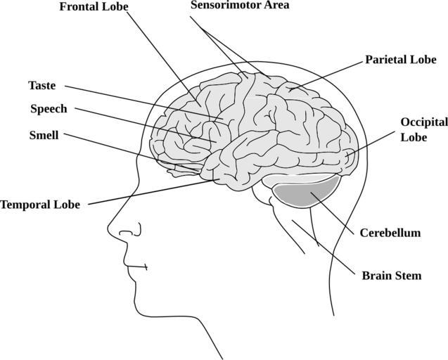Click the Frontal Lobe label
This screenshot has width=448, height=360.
[94, 7]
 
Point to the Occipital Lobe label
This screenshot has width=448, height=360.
[423, 129]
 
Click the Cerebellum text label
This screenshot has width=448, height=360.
[390, 233]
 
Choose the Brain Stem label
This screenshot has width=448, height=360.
[391, 275]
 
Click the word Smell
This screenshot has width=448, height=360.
[44, 135]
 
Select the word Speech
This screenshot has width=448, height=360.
[49, 109]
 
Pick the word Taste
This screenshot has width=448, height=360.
[41, 85]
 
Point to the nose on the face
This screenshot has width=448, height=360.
[120, 229]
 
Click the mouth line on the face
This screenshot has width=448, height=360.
[137, 267]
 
